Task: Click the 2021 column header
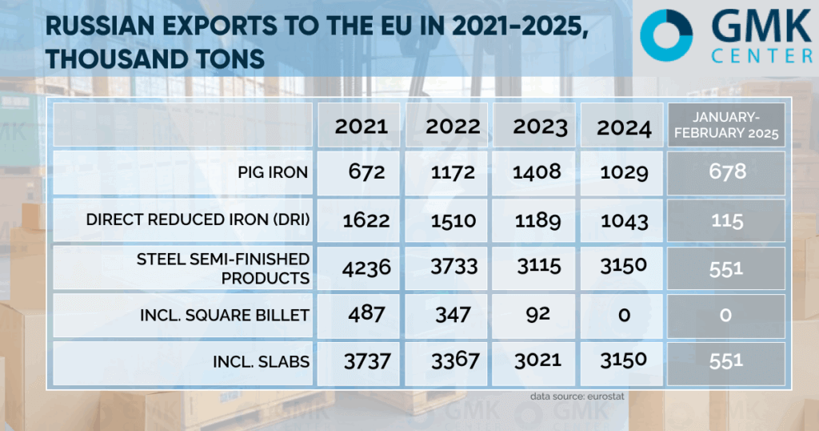click(x=362, y=126)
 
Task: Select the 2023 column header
click(x=541, y=127)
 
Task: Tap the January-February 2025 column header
click(x=726, y=126)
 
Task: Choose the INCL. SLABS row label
click(x=262, y=361)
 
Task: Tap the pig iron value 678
click(x=726, y=172)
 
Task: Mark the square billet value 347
click(x=453, y=313)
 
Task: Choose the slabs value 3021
click(x=541, y=361)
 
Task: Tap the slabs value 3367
click(x=453, y=361)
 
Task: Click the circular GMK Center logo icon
click(x=666, y=36)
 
